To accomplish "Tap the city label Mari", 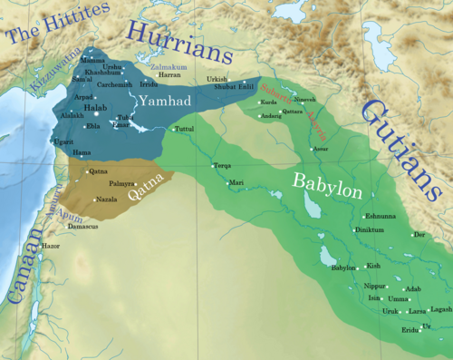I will (x=236, y=183).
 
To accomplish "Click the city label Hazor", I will (x=50, y=246).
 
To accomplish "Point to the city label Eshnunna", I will (x=378, y=216).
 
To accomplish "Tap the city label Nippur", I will (x=375, y=286).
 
